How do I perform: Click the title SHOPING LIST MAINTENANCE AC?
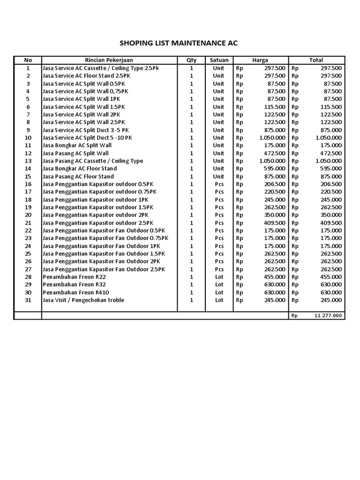179,43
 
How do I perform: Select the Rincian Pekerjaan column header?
109,60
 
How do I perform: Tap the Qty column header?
191,60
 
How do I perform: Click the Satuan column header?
218,60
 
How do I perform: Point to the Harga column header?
260,60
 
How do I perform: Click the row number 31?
28,300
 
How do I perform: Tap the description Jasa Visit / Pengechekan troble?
83,300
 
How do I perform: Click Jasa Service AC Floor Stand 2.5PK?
85,75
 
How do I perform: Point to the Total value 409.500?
331,223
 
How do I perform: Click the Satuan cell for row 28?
218,277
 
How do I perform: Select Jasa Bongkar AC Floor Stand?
80,168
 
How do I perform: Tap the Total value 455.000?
331,277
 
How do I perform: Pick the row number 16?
28,184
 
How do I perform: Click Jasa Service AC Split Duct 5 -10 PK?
87,138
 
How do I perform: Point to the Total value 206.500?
331,184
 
